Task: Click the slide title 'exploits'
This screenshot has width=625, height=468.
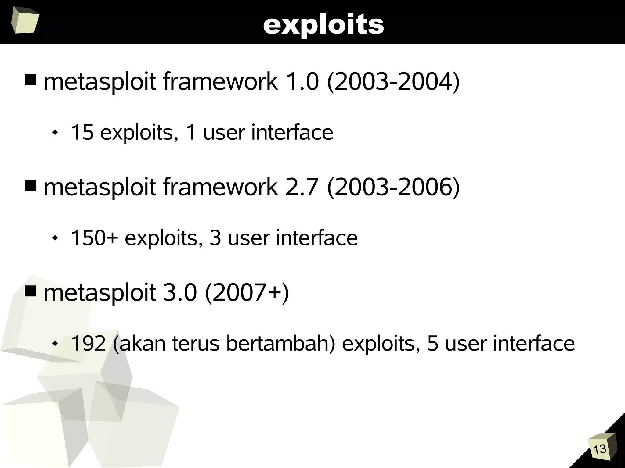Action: point(323,24)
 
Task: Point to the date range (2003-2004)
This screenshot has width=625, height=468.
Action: point(393,82)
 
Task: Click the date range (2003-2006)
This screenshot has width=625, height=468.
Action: point(393,187)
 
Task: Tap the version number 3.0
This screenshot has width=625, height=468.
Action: point(180,292)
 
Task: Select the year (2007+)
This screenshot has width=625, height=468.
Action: point(247,292)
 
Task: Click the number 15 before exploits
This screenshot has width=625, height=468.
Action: point(82,132)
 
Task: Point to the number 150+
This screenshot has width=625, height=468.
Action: point(94,238)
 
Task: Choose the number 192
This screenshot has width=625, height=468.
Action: point(88,343)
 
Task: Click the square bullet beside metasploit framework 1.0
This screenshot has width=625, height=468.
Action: point(30,80)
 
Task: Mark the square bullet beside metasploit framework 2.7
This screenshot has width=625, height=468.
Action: point(30,185)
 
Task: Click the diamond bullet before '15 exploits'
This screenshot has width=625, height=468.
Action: point(55,133)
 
